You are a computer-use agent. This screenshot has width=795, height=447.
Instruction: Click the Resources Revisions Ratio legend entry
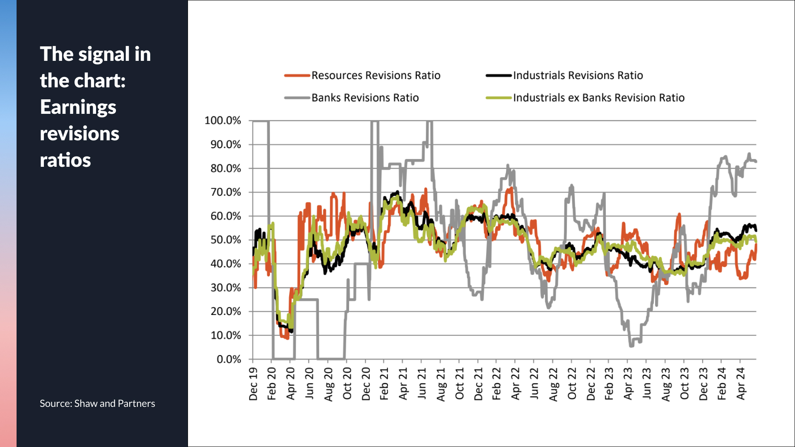tap(376, 75)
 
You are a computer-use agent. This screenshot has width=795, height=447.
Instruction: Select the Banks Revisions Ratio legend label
tap(365, 98)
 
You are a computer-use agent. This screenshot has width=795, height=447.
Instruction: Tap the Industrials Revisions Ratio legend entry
tap(578, 75)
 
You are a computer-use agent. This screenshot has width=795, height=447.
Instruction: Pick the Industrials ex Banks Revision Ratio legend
tap(598, 98)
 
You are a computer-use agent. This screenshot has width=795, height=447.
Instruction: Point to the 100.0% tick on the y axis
tap(223, 120)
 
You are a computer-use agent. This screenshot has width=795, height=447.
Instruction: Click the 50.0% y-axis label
tap(225, 240)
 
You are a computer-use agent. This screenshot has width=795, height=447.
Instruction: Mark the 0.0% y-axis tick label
tap(229, 359)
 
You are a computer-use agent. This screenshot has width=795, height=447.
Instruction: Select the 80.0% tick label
tap(225, 168)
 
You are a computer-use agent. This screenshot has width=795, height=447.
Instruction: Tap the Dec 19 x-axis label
tap(253, 384)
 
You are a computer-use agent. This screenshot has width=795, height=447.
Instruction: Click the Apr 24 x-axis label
tap(741, 383)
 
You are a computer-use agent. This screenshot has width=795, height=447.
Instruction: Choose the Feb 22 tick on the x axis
tap(496, 384)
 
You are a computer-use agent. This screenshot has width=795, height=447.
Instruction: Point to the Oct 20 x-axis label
tap(347, 384)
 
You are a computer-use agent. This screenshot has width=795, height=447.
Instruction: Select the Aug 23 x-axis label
tap(665, 384)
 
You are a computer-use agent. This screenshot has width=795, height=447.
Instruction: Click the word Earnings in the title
tap(78, 107)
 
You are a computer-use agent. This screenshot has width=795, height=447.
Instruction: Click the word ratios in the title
tap(65, 160)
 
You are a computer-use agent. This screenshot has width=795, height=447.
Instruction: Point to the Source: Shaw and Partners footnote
tap(97, 404)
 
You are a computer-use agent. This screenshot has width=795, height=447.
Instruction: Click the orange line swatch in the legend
tap(297, 75)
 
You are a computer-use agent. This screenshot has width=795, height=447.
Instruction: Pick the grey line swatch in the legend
tap(297, 98)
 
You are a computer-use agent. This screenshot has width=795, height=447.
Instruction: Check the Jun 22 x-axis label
tap(534, 384)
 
